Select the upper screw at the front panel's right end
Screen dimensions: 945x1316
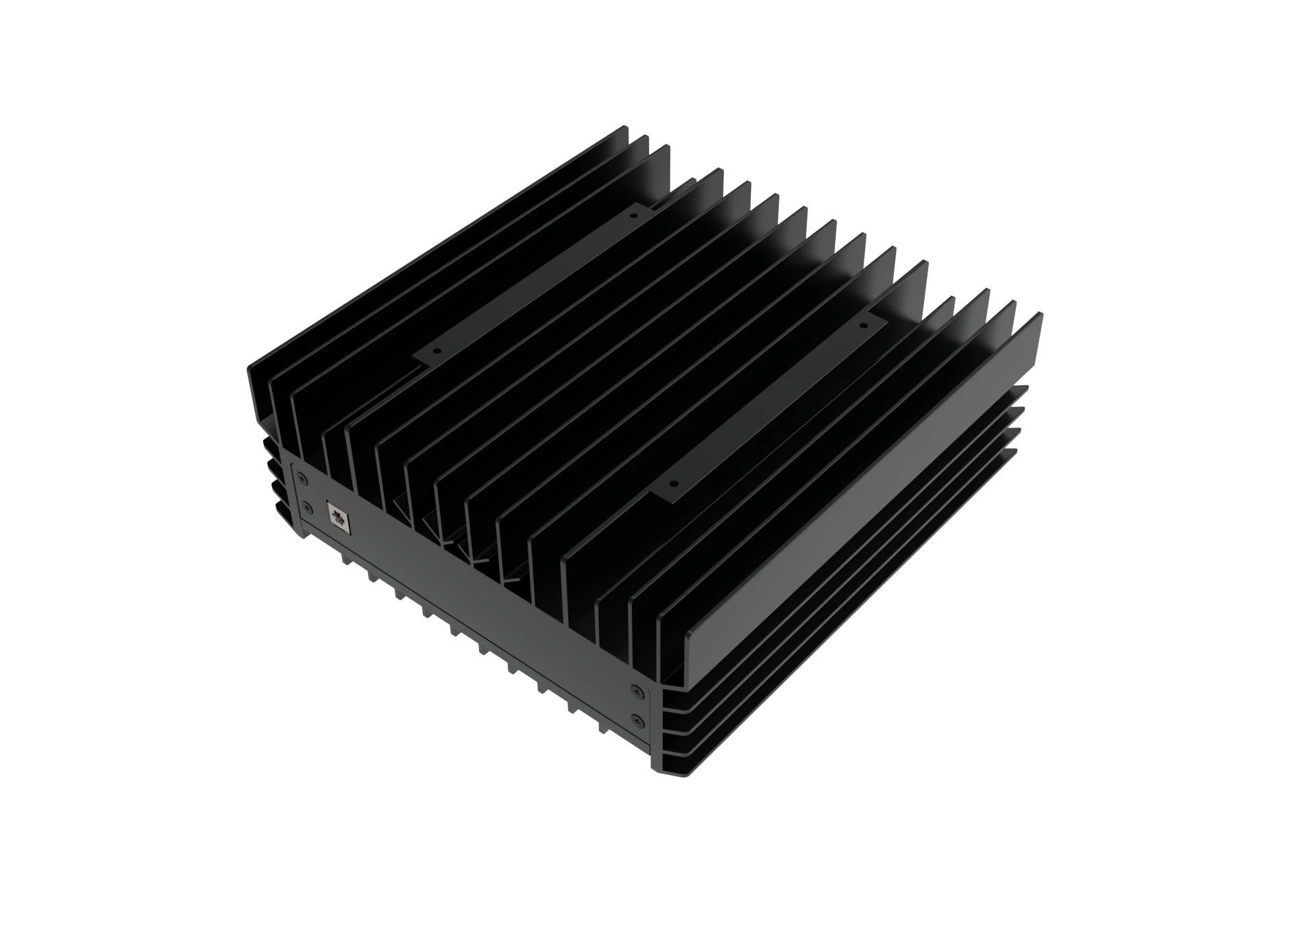click(x=637, y=691)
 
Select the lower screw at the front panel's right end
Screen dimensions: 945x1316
click(x=638, y=718)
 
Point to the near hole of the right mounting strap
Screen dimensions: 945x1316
click(x=672, y=483)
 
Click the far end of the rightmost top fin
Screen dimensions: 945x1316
click(x=1039, y=317)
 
